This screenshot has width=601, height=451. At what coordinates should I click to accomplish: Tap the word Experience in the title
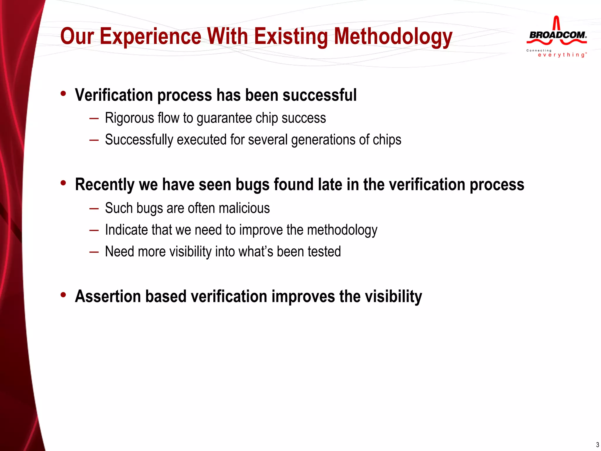click(x=150, y=36)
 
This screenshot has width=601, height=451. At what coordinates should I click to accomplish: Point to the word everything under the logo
click(x=561, y=55)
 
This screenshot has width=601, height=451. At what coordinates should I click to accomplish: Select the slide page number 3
click(x=597, y=445)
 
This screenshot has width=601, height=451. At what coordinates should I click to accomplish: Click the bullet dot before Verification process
click(x=63, y=94)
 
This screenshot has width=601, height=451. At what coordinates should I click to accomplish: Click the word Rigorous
click(x=129, y=118)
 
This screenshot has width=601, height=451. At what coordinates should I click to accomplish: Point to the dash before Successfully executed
click(x=94, y=140)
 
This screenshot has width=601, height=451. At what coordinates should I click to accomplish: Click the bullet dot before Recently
click(x=63, y=183)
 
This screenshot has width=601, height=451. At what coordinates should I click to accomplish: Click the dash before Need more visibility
click(x=94, y=252)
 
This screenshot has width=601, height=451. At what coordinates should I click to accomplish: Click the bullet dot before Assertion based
click(x=63, y=295)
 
